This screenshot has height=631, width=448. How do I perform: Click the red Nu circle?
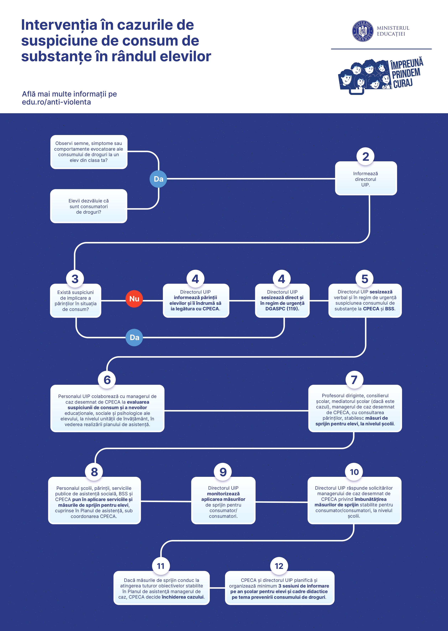coord(134,299)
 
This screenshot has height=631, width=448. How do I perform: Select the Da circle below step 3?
coord(134,337)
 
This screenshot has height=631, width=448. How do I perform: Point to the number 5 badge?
coord(365,279)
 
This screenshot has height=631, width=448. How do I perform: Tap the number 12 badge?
coord(279,566)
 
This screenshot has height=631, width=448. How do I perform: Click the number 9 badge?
coord(223,472)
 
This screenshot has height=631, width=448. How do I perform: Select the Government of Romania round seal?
coord(363,31)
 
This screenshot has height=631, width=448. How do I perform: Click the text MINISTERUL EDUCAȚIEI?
coord(393,31)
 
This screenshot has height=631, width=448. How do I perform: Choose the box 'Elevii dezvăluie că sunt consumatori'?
coord(88,206)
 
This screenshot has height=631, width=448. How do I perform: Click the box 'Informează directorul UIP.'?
coord(366,178)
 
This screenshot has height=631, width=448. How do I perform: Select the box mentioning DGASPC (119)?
coord(282,301)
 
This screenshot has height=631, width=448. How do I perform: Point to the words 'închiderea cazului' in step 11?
coord(183,597)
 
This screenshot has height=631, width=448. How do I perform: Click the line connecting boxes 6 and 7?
coord(236,411)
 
